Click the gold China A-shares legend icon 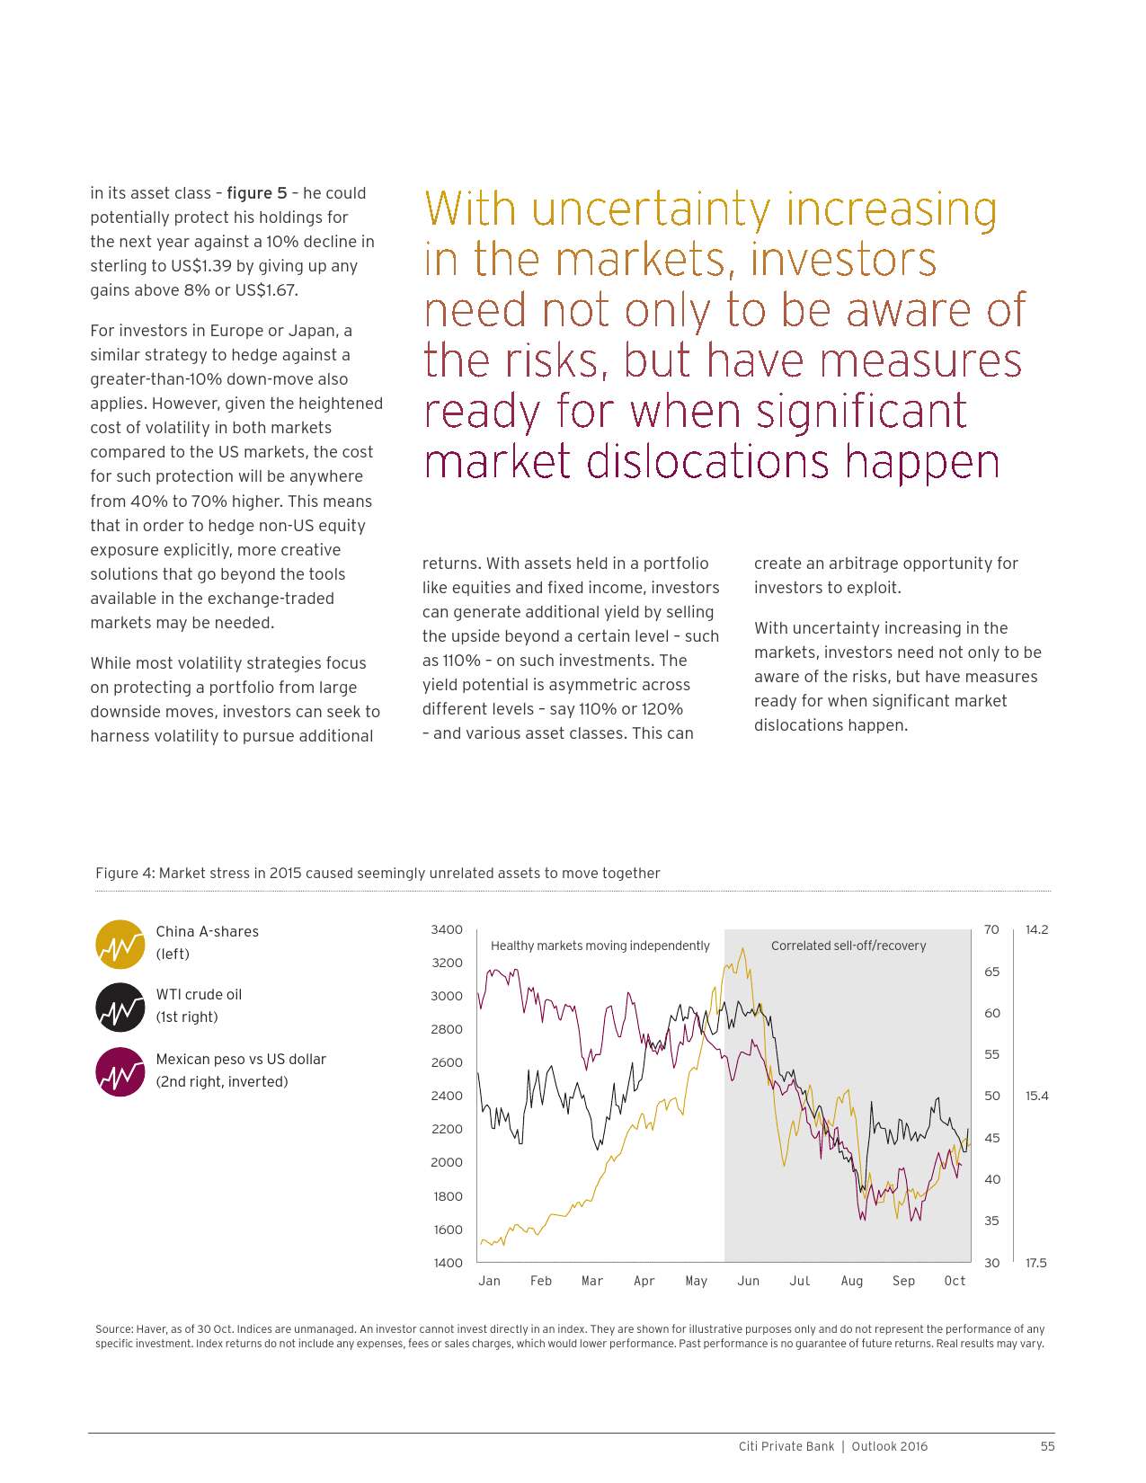point(120,944)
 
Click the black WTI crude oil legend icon point(120,1007)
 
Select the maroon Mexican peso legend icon point(120,1071)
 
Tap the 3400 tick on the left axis point(447,929)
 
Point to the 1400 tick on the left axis point(447,1263)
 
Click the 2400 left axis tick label point(447,1096)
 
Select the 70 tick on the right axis point(991,929)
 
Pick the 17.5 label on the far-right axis point(1036,1263)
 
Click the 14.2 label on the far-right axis point(1036,929)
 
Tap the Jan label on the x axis point(489,1281)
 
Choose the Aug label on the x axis point(851,1281)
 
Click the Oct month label point(955,1281)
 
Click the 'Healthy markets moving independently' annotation point(600,946)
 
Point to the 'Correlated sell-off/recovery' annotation point(848,946)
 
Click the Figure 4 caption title point(378,873)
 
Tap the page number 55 point(1047,1446)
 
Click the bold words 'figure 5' point(257,193)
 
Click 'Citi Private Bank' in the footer point(786,1446)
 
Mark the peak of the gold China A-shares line point(742,949)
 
